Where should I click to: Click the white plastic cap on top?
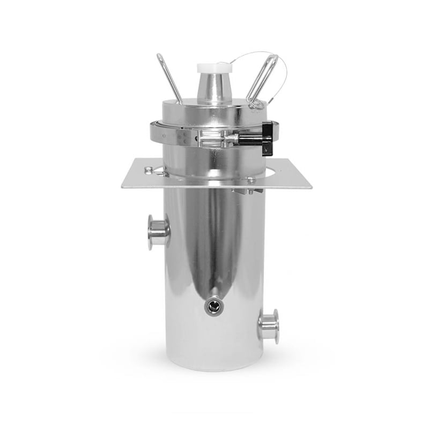click(214, 68)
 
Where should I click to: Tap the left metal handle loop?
click(169, 77)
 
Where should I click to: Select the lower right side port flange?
click(270, 326)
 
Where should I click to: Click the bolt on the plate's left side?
click(149, 171)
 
